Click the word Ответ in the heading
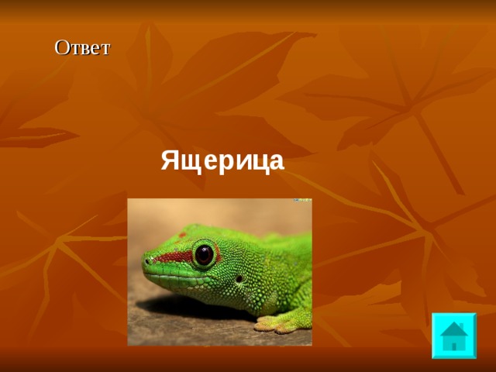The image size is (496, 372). [x=82, y=47]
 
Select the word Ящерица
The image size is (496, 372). [x=222, y=161]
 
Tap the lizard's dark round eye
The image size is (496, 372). [x=204, y=253]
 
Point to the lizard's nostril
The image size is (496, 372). [x=149, y=260]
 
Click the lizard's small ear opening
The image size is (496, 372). [x=239, y=277]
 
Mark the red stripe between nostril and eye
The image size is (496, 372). [x=172, y=257]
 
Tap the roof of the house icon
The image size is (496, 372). [x=453, y=329]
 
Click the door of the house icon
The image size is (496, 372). [x=454, y=345]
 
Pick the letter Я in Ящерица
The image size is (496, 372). [x=170, y=161]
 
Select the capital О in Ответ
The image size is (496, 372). [x=61, y=47]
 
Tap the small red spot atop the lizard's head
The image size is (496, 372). [x=183, y=233]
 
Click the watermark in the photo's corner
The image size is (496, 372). [x=301, y=201]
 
